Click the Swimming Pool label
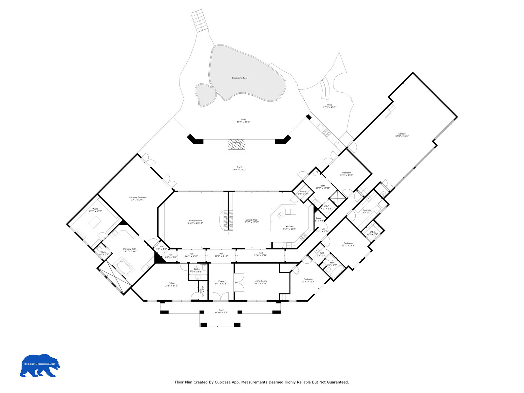point(239,78)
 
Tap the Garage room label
point(402,134)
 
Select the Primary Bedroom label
point(138,197)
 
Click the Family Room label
point(195,221)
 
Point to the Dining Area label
point(251,220)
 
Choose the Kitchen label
point(290,227)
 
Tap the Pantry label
point(303,192)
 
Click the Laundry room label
point(367,210)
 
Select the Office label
point(172,283)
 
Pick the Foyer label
point(221,281)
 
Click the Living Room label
point(261,281)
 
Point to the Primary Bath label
point(130,249)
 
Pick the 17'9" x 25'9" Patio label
point(330,105)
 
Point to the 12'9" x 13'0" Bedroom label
point(346,173)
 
